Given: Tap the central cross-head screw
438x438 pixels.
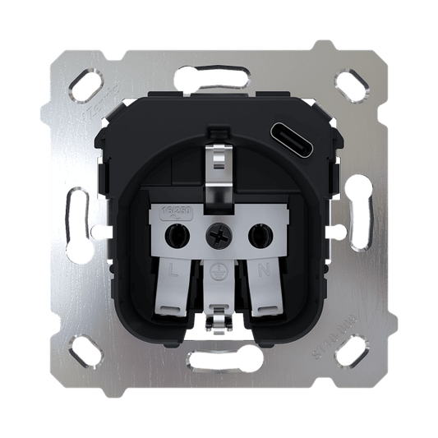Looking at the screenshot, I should (219, 237).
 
